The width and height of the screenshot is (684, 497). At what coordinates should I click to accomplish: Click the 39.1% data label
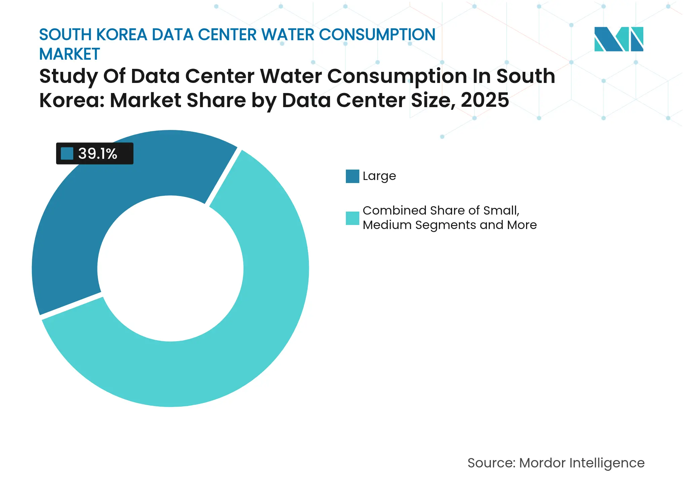pos(97,154)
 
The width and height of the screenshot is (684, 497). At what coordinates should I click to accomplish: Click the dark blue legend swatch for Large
pos(352,176)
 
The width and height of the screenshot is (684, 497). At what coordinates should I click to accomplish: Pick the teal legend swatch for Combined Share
pos(352,218)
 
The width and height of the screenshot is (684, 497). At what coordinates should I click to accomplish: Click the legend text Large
pos(379,176)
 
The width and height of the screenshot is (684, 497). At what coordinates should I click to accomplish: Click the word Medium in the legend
pos(387,225)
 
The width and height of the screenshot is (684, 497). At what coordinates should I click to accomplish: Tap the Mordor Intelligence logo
pos(618,39)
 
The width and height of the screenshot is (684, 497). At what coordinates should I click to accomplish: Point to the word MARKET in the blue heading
pos(70,54)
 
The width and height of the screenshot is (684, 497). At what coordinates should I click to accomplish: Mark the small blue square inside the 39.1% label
pos(67,154)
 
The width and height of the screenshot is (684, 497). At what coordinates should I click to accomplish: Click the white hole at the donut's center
pos(170,269)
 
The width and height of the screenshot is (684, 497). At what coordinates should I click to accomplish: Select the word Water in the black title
pos(291,76)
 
